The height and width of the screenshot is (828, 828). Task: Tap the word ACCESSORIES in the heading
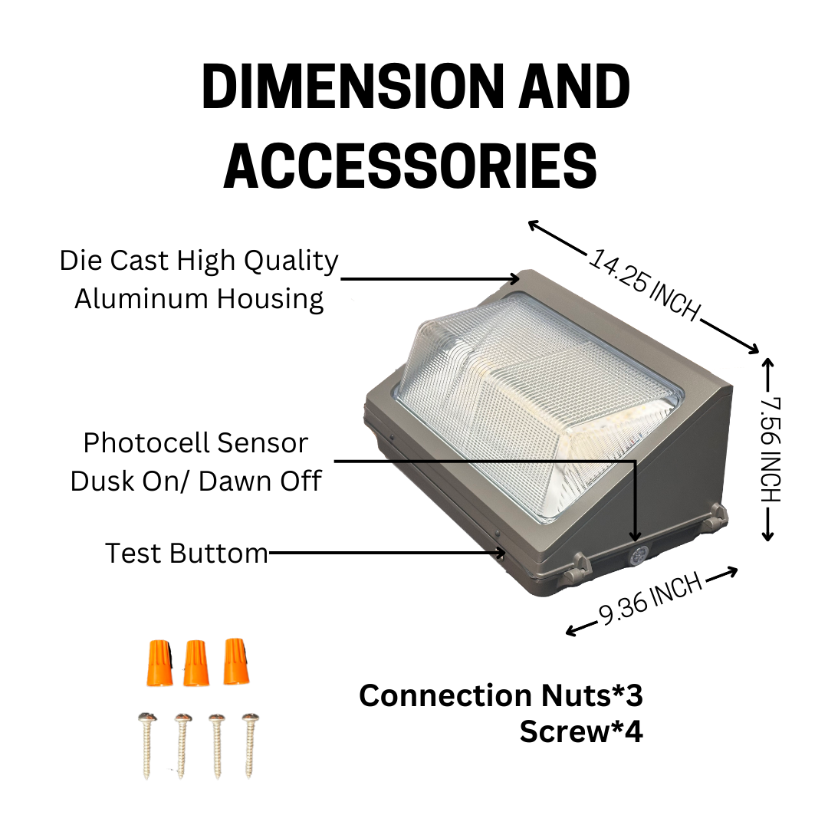[410, 166]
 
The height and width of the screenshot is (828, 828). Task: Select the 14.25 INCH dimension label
[644, 284]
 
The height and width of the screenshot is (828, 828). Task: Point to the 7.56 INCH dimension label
[770, 449]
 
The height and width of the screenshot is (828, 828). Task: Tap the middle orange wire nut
[196, 663]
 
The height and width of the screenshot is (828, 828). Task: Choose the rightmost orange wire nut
[235, 662]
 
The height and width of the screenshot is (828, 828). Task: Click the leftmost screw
[147, 746]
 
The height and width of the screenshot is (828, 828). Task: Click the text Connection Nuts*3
[501, 695]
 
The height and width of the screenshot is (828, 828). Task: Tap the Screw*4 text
[581, 731]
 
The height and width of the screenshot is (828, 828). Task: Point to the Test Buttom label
[186, 553]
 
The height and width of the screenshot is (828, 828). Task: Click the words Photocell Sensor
[195, 442]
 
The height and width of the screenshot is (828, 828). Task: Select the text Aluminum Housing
[199, 299]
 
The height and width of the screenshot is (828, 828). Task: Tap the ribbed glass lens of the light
[539, 406]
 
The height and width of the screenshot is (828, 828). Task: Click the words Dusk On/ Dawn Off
[196, 481]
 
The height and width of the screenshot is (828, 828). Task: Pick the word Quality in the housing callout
[291, 261]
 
